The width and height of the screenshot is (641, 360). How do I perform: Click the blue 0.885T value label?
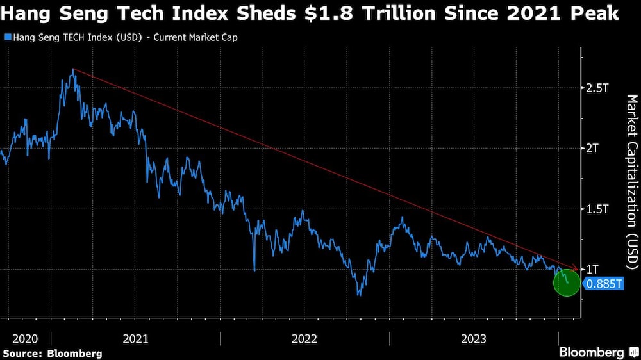(603, 283)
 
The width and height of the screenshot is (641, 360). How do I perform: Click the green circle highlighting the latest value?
(567, 282)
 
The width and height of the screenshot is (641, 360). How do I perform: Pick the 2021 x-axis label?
(135, 338)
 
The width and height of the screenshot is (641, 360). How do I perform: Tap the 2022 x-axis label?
(304, 338)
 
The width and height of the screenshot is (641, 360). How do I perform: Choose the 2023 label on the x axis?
(473, 338)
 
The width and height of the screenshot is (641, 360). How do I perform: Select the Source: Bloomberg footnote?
(53, 353)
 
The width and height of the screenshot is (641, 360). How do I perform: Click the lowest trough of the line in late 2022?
(360, 295)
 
